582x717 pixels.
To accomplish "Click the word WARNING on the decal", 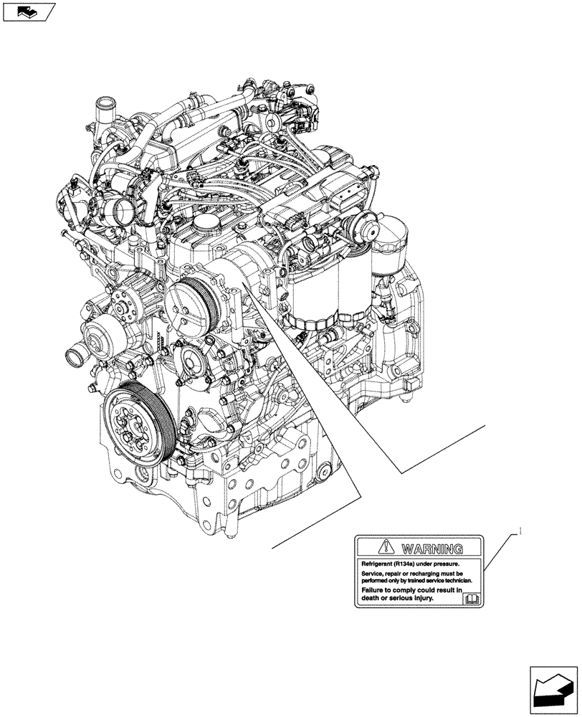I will [x=431, y=549].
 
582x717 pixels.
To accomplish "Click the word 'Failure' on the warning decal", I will [x=375, y=589].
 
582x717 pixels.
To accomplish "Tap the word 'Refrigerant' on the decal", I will [x=378, y=565].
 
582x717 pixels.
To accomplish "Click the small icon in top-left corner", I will [x=29, y=11].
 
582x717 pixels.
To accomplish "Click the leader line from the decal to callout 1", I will [x=498, y=552].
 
